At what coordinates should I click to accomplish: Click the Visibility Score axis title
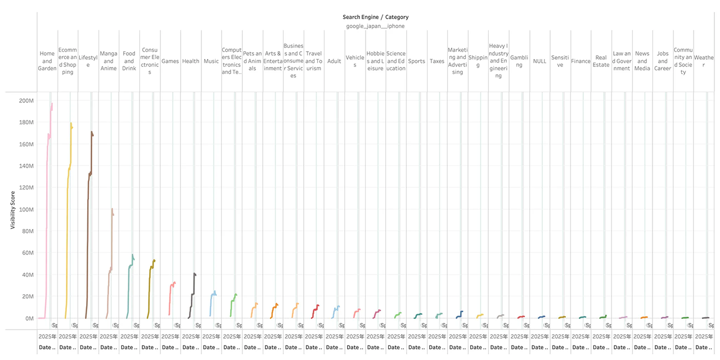coord(12,209)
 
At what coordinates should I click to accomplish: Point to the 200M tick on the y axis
coord(26,101)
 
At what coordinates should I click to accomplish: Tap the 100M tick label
coord(26,210)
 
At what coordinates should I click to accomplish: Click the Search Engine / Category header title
coord(375,17)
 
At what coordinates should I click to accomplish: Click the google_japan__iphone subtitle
coord(375,26)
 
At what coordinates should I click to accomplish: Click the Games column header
coord(170,61)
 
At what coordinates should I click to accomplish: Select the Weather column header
coord(704,58)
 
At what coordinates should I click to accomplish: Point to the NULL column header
coord(539,61)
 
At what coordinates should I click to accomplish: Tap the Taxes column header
coord(437,61)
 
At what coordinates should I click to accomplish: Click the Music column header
coord(211,61)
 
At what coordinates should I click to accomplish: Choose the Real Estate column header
coord(601,61)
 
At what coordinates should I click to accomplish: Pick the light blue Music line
coord(211,304)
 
